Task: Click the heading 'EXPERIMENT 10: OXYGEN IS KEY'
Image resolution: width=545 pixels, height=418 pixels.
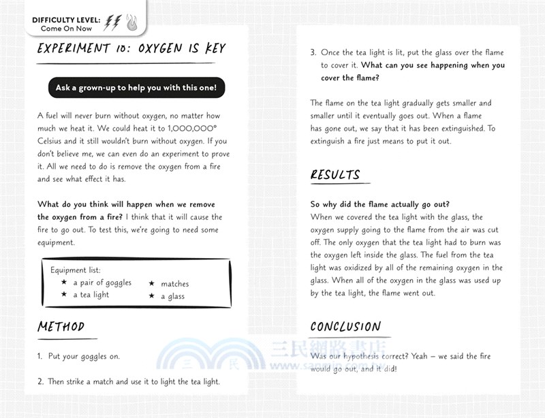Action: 131,49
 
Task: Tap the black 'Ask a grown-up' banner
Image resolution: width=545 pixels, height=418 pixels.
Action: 136,88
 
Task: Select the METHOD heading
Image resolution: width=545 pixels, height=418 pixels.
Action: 61,327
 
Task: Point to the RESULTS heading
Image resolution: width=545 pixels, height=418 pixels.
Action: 335,175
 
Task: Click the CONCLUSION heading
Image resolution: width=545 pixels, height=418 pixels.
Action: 345,327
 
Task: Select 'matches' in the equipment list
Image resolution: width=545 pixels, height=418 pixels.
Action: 175,284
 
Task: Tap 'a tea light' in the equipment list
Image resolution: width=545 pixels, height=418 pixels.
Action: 91,295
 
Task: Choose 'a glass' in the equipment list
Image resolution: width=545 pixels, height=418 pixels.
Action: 172,296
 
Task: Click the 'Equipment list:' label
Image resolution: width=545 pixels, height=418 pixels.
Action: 76,270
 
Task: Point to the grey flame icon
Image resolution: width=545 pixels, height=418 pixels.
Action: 131,24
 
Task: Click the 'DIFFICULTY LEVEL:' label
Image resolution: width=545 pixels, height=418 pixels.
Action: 65,20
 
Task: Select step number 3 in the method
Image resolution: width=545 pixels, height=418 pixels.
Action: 313,53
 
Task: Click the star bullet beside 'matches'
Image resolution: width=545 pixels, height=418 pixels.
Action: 152,284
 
